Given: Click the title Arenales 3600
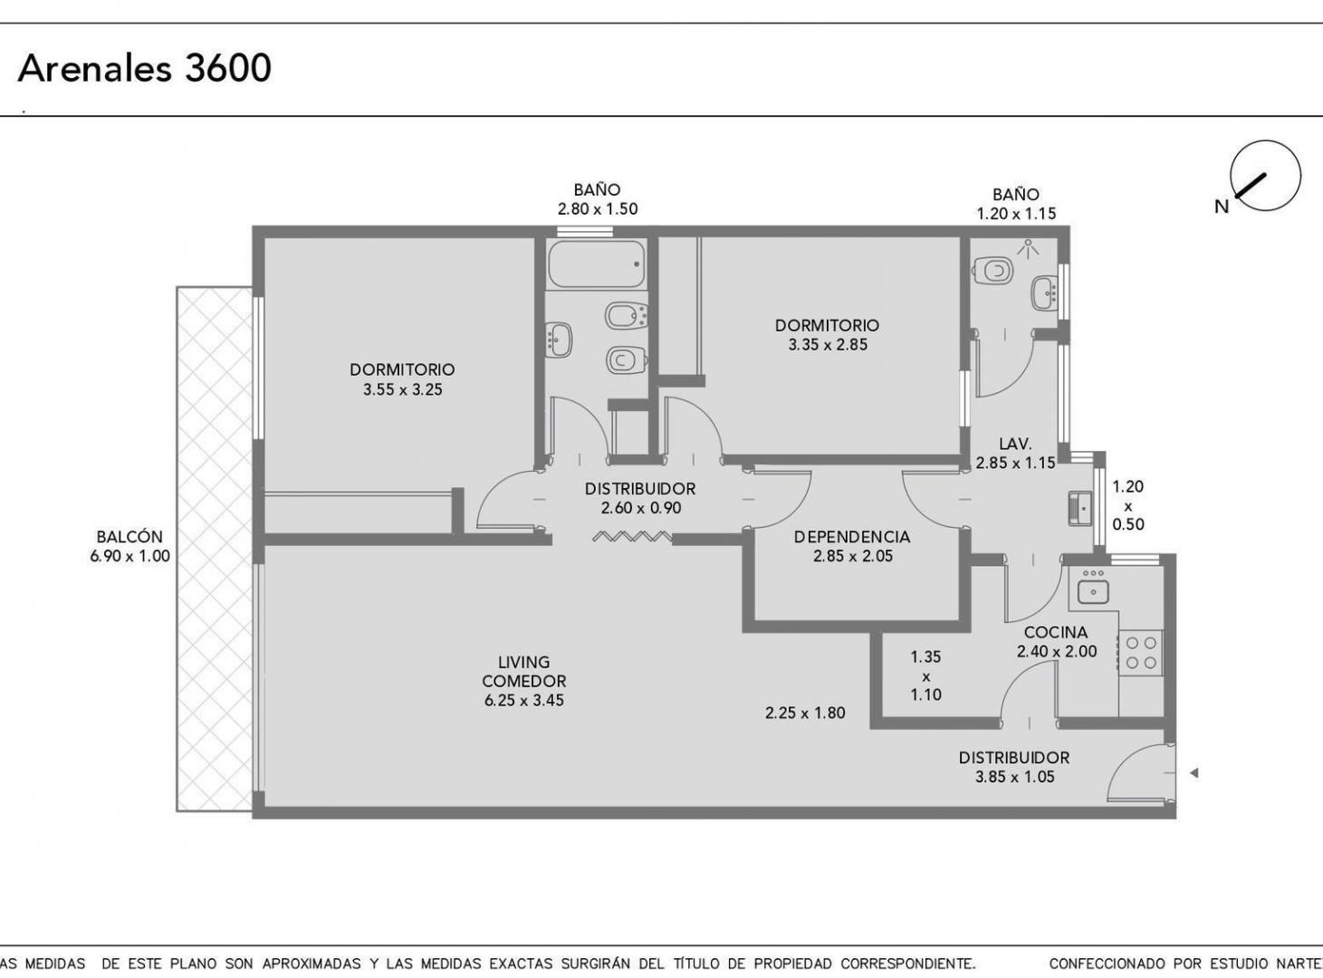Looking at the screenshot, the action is (x=145, y=68).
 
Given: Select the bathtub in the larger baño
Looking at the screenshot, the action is (x=597, y=264).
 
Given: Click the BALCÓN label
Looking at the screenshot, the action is (x=129, y=536).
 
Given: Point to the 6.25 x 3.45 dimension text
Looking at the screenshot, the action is (x=523, y=700).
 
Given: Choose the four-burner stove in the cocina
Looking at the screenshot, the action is (x=1140, y=653).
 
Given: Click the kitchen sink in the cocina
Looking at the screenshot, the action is (x=1093, y=588).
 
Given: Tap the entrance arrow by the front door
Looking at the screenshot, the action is (x=1194, y=773).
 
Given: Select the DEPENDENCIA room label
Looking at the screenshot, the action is (x=852, y=537).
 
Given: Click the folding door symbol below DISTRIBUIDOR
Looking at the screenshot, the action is (x=632, y=537).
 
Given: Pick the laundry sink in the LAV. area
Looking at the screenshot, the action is (x=1079, y=508).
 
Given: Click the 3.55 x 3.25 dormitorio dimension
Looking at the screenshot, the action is (x=403, y=389).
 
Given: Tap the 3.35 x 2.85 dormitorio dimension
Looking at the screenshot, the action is (x=828, y=345).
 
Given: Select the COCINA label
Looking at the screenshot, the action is (x=1056, y=632).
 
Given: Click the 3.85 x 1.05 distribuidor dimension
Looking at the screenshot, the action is (x=1014, y=777).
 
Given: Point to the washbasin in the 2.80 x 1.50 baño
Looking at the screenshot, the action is (x=559, y=340).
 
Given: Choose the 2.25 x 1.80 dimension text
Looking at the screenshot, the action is (x=805, y=713).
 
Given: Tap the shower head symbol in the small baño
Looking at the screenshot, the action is (x=1028, y=249).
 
